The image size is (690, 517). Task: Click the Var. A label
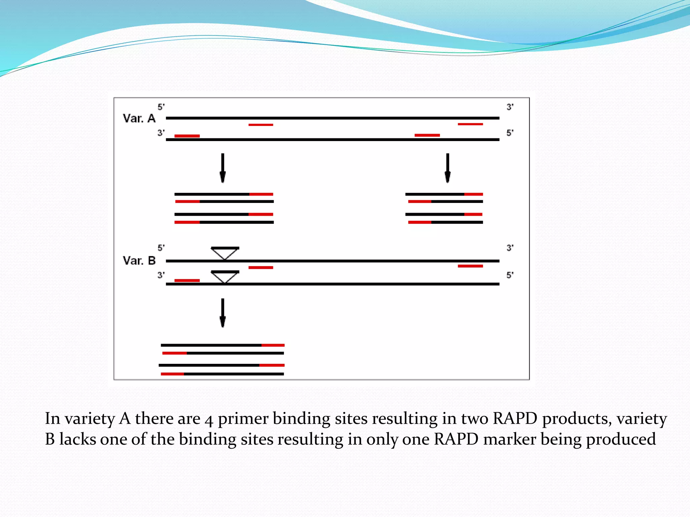click(139, 118)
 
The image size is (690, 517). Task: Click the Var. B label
click(139, 261)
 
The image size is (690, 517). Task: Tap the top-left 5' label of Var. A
click(161, 107)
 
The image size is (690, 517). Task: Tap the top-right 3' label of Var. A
click(510, 107)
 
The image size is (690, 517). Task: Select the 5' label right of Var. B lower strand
click(510, 275)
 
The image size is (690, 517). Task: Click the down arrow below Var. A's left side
click(223, 168)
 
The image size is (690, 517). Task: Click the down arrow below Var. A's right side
click(447, 168)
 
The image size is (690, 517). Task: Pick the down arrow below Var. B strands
click(223, 313)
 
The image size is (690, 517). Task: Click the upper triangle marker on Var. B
click(225, 252)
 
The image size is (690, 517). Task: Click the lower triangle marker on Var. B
click(225, 276)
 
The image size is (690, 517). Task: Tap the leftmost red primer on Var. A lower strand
click(187, 136)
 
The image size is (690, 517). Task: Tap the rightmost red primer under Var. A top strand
click(470, 124)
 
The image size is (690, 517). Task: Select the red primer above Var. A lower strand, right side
click(427, 135)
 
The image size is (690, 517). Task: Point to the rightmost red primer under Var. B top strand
click(470, 266)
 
